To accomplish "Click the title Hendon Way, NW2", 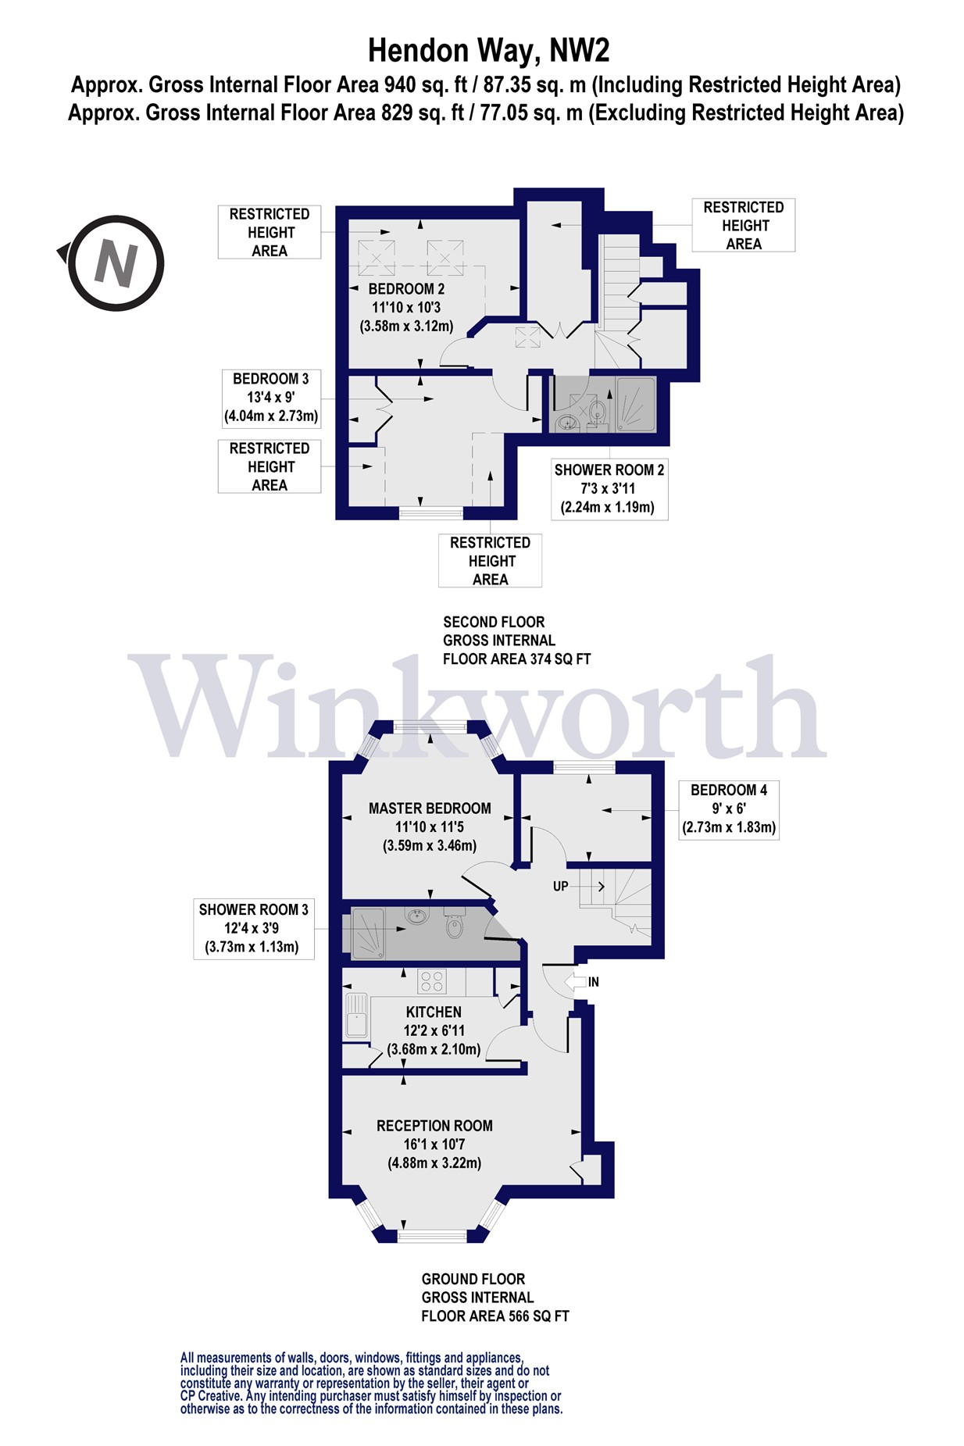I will (x=488, y=51).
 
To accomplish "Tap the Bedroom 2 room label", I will (x=406, y=307).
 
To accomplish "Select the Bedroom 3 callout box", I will (x=271, y=398).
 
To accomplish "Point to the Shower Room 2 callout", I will (x=609, y=489).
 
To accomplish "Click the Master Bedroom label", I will (x=430, y=827).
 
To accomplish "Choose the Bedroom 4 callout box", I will (x=728, y=809).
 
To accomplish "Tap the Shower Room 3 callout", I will (x=253, y=928).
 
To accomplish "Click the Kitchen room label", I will (x=434, y=1030).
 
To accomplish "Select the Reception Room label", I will (x=434, y=1144).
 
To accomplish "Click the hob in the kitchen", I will (x=431, y=980).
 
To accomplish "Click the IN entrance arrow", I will (x=582, y=982).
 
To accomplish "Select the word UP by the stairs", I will (x=561, y=887).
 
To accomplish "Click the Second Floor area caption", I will (x=516, y=641).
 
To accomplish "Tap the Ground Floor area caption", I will (x=495, y=1298).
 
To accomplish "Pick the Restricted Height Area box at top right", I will (x=743, y=225).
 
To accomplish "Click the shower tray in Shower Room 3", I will (x=369, y=932).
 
